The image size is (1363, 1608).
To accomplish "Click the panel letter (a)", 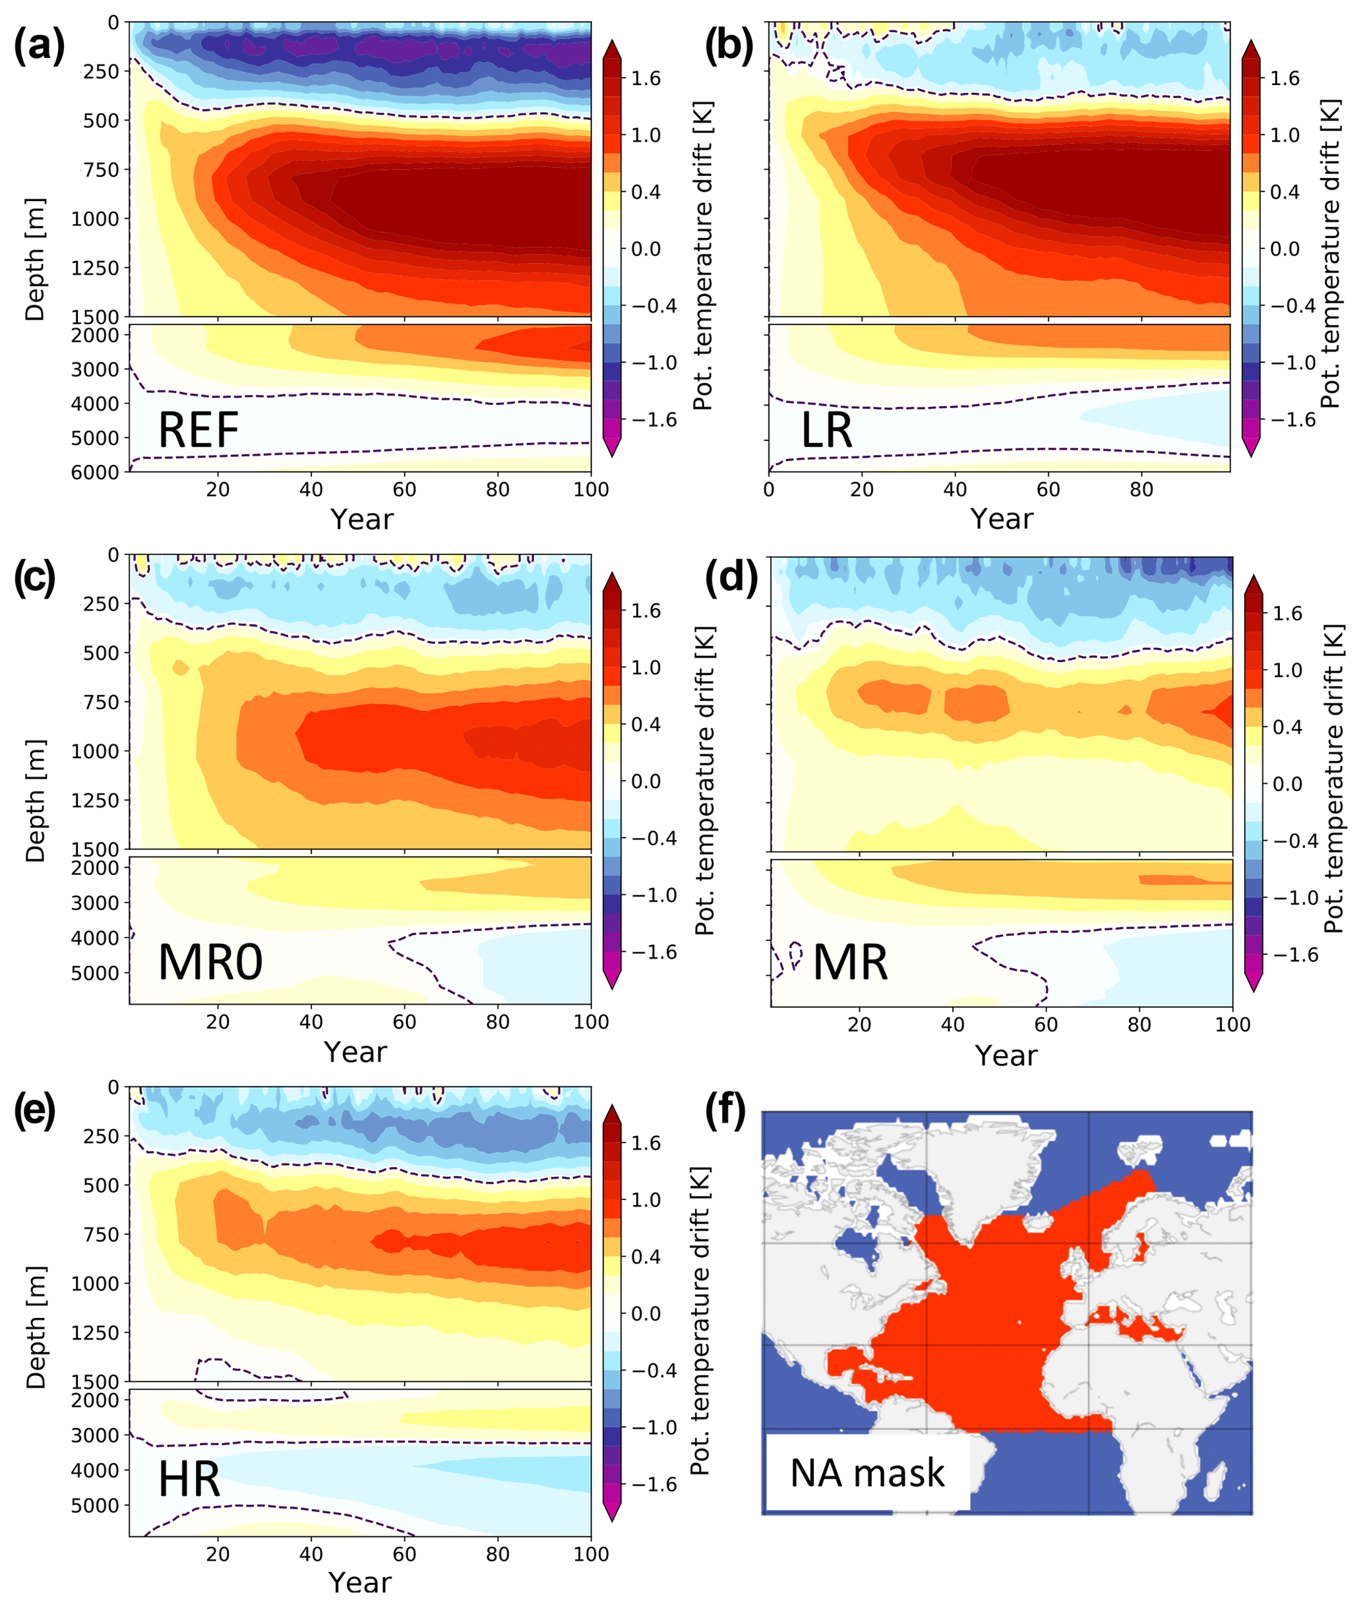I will point(40,46).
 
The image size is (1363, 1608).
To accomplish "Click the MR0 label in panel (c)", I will point(210,963).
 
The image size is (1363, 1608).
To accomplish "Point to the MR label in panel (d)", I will point(850,963).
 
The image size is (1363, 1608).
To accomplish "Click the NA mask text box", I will point(867,1473).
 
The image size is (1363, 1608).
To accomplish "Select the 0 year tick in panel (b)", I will point(769,490).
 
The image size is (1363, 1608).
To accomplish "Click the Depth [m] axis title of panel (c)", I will point(36,801).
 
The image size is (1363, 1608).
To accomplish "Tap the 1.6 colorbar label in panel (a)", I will point(646,78).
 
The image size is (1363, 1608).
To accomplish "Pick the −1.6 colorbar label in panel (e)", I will point(653,1485).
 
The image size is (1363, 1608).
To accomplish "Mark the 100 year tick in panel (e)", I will point(590,1554).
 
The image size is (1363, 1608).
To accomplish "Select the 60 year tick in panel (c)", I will point(404,1022).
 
